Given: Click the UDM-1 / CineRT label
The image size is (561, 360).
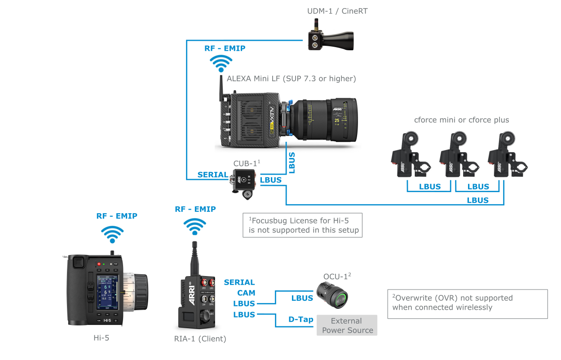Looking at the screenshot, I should click(x=337, y=11).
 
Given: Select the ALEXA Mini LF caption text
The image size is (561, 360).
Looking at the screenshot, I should click(x=291, y=79).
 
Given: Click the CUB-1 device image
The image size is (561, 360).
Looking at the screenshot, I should click(x=244, y=180).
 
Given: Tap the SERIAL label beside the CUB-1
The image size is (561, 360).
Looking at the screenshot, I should click(x=212, y=175).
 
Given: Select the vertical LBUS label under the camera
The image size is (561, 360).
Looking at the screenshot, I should click(x=292, y=163).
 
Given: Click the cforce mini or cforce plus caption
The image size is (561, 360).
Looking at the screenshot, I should click(x=461, y=120).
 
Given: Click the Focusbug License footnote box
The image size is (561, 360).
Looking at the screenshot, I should click(x=302, y=225).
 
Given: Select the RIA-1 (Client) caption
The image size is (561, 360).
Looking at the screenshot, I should click(x=200, y=339).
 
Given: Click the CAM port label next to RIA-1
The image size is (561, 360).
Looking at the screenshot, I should click(x=246, y=293).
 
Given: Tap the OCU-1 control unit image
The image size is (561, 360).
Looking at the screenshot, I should click(x=331, y=295).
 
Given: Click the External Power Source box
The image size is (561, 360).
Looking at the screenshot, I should click(x=347, y=325).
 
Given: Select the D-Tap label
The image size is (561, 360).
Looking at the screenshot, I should click(x=300, y=320).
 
